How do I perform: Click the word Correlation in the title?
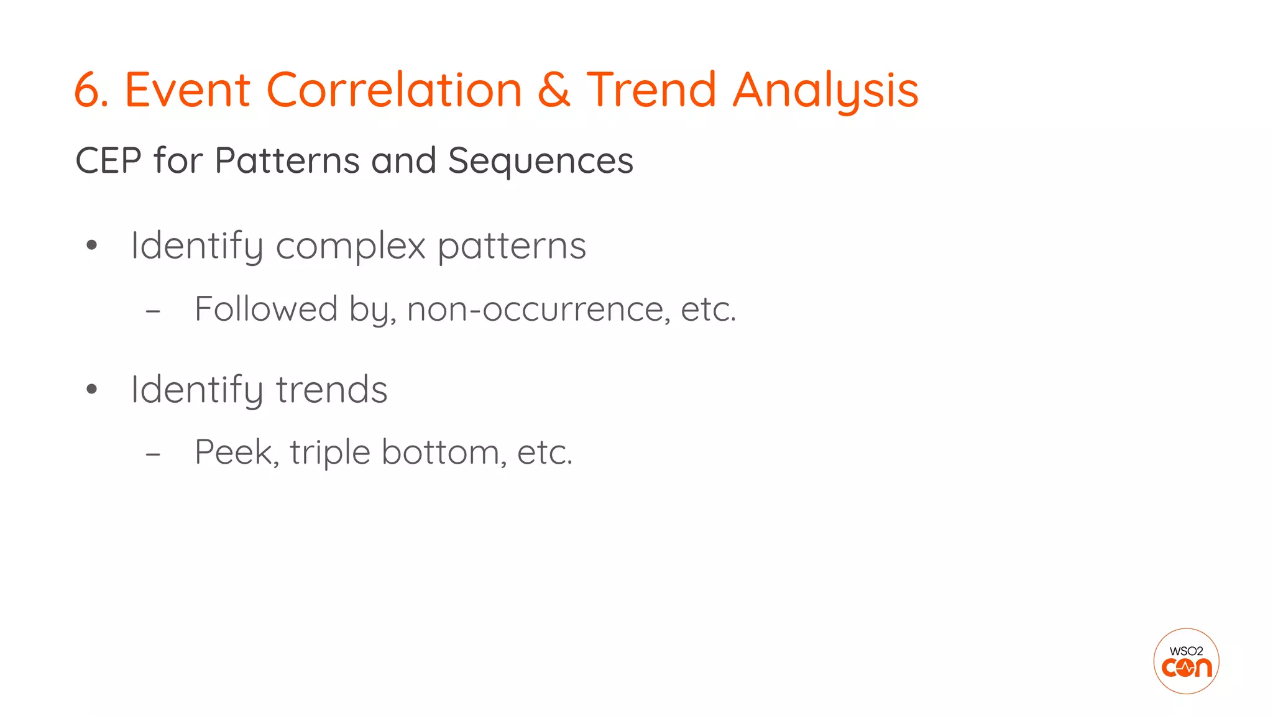(x=394, y=91)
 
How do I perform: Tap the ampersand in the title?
(x=554, y=91)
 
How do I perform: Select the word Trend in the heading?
(x=651, y=91)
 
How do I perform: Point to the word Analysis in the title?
(x=825, y=91)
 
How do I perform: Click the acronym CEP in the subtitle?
(x=108, y=161)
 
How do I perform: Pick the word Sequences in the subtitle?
(x=540, y=161)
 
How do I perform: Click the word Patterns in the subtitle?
(x=287, y=161)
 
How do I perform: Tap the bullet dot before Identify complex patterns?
(x=92, y=246)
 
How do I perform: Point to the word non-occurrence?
(x=538, y=309)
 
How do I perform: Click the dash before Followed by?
(x=153, y=311)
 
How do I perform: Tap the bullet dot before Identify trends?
(x=92, y=390)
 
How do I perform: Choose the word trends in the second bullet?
(x=331, y=390)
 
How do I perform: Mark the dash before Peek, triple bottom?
(x=153, y=454)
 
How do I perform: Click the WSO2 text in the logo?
(x=1186, y=651)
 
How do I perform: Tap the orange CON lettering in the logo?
(x=1187, y=669)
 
